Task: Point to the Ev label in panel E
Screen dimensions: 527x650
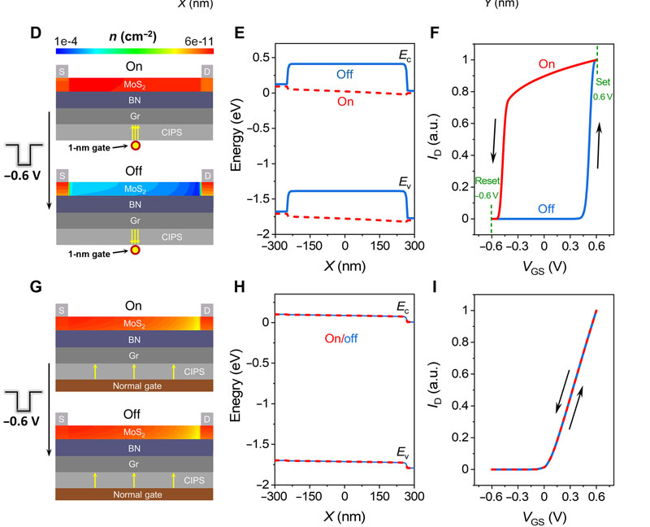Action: click(x=399, y=184)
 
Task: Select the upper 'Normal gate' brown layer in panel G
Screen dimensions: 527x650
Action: click(x=134, y=385)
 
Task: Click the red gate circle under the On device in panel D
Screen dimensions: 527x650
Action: click(x=135, y=147)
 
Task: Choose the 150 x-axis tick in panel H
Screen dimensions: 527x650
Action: click(x=379, y=496)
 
